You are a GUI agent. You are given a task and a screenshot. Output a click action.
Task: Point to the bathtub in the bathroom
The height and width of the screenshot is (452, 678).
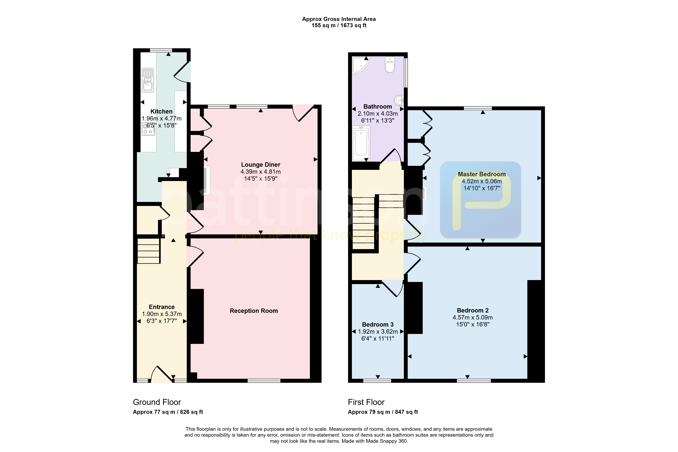361,143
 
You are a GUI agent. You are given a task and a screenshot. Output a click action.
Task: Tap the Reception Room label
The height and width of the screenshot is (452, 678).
254,311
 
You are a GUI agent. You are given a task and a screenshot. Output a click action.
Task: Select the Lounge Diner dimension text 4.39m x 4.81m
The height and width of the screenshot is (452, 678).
261,172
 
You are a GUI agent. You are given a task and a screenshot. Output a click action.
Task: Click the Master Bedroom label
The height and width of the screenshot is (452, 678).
482,174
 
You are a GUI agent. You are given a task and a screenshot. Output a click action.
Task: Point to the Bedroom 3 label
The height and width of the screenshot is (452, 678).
378,325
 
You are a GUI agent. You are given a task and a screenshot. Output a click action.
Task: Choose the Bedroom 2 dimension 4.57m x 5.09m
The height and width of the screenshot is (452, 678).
473,317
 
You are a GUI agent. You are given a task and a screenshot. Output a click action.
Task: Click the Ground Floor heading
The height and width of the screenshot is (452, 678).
157,402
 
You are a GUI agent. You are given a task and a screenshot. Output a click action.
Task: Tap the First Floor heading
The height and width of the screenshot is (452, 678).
366,402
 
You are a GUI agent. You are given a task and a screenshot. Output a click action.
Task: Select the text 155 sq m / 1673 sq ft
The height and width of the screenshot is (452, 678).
339,25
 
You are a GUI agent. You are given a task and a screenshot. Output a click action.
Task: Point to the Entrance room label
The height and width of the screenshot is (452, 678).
162,307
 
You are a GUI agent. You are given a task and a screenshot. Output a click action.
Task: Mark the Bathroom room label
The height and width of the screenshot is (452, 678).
378,107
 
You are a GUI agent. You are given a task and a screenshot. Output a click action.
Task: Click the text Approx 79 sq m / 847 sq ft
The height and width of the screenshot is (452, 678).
383,412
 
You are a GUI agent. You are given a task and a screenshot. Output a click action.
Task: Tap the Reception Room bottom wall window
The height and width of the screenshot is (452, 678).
264,381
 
